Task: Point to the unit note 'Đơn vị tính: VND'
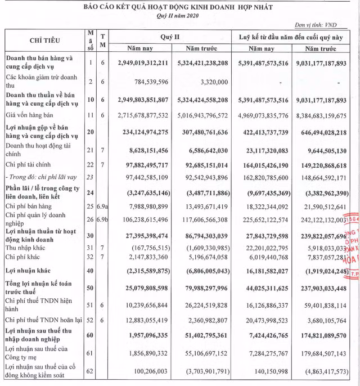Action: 326,26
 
